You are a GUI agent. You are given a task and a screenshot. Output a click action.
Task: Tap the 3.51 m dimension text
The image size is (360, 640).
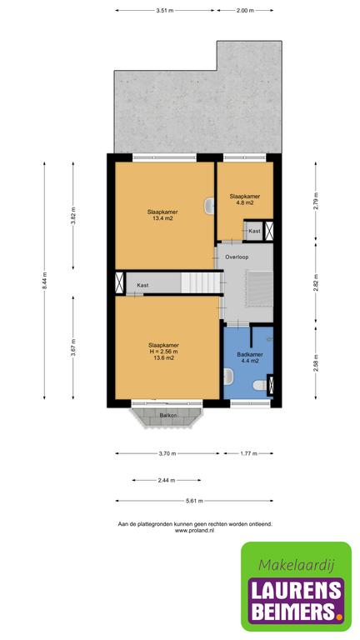pos(164,11)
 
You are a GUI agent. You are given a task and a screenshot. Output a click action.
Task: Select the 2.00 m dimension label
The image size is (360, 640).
pos(245,11)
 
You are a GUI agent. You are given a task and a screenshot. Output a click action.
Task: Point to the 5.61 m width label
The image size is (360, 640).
pos(194,501)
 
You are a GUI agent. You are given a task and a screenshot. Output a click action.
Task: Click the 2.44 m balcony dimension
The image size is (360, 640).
pos(166,480)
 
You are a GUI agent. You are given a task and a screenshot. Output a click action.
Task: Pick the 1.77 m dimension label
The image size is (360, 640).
pos(248,453)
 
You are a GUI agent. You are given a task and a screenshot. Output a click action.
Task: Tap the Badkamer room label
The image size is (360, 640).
pos(249,354)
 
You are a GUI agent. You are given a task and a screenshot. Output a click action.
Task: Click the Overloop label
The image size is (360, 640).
pos(237,257)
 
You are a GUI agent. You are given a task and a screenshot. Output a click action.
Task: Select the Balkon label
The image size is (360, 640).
pos(168,415)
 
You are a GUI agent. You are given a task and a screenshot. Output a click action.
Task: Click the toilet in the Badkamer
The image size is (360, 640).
pos(260,385)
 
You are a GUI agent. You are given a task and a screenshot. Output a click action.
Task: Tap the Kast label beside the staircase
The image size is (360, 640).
pos(142,285)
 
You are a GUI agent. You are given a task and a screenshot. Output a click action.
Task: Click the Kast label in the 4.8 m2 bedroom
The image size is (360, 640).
pos(254,231)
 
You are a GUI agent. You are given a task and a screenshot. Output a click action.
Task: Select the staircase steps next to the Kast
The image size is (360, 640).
pos(200,282)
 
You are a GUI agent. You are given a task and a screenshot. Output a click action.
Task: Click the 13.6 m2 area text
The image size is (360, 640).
pos(162,357)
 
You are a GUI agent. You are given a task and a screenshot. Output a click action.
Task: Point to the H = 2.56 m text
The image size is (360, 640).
pos(162,351)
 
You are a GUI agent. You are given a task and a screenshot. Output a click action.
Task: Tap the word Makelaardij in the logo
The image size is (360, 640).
pos(297,565)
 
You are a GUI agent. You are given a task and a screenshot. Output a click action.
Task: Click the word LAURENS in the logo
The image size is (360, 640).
pos(297,589)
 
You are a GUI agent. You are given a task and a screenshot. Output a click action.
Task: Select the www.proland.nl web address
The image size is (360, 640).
pos(194,531)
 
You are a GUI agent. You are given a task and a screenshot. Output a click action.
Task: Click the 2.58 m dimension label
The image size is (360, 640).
pos(315,363)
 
